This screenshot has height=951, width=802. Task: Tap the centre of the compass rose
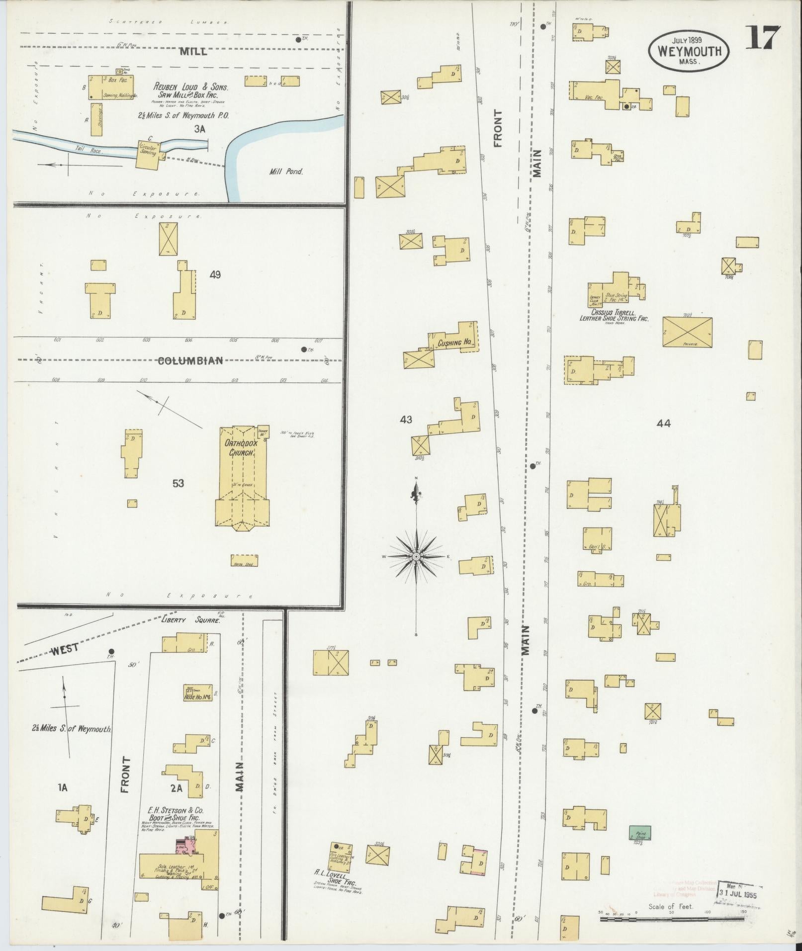coord(416,556)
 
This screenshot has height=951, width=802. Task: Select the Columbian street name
coord(190,361)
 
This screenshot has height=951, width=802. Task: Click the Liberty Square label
coord(191,619)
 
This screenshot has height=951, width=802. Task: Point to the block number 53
coord(178,483)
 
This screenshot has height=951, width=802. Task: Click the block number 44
coord(664,424)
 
